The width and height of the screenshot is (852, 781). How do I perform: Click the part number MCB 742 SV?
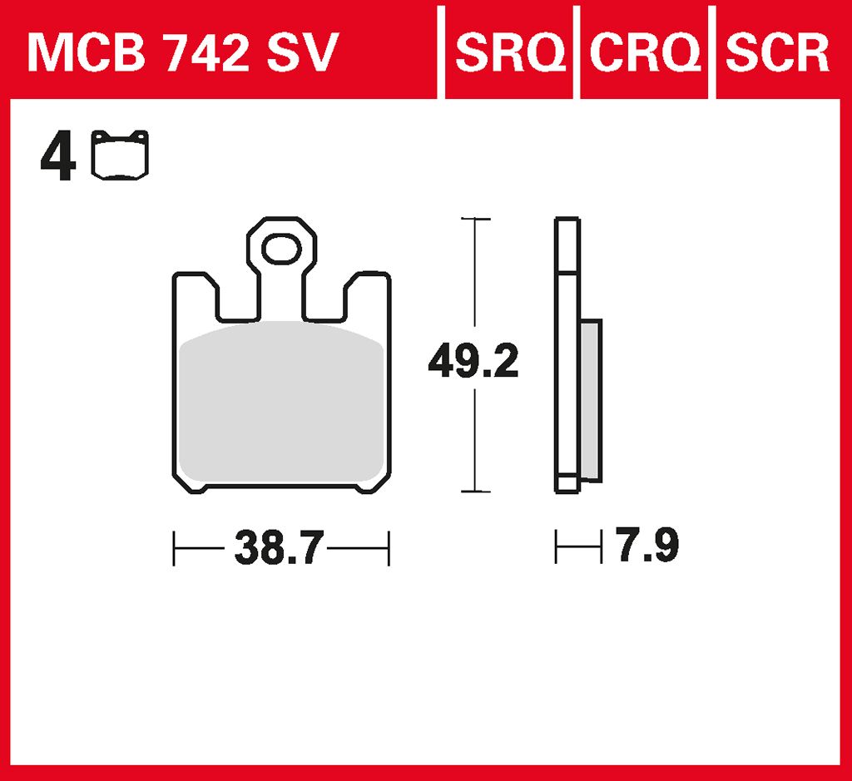pos(183,52)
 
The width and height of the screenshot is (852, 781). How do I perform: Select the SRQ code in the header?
pos(510,52)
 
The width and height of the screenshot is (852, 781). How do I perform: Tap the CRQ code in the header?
pos(645,52)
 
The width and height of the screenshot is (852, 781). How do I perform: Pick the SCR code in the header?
pos(777,52)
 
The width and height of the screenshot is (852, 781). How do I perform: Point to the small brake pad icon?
pos(120,156)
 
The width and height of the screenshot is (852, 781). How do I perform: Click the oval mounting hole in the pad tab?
pos(281,250)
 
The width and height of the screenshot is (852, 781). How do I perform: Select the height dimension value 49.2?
pos(473,361)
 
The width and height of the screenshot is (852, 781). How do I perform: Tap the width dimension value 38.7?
pos(280,548)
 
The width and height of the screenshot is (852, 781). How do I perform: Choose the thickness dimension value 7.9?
pos(647,546)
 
